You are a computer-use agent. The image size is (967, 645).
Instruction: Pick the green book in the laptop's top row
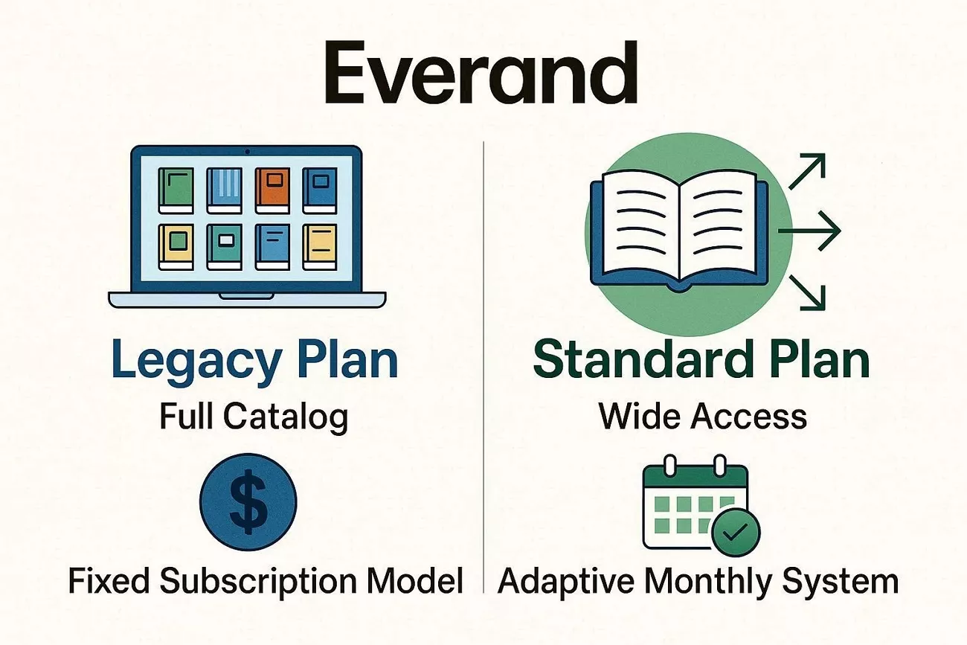[176, 190]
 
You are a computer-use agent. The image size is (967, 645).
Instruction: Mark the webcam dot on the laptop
[247, 153]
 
